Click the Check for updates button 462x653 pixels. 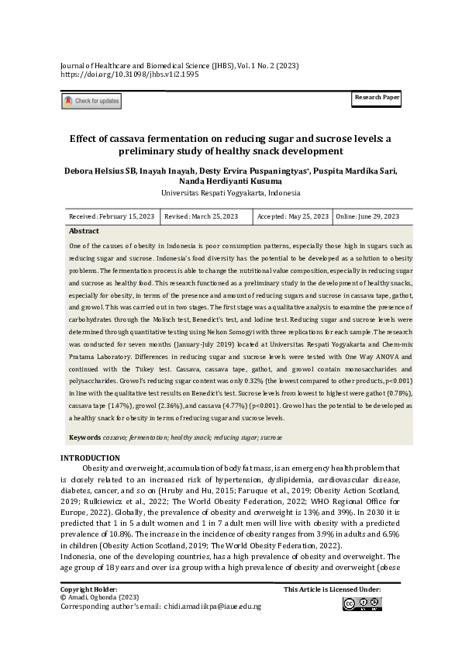click(91, 101)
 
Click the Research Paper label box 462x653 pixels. click(377, 98)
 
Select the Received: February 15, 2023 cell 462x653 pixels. click(112, 216)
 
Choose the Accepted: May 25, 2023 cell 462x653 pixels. click(292, 216)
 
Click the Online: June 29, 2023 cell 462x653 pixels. click(367, 216)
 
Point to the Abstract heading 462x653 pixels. click(84, 231)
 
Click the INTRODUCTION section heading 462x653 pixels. click(90, 458)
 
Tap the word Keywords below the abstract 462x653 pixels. click(84, 438)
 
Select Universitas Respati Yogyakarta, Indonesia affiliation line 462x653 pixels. click(230, 193)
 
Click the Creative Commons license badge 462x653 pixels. click(360, 604)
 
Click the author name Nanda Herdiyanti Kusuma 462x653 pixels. click(230, 181)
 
